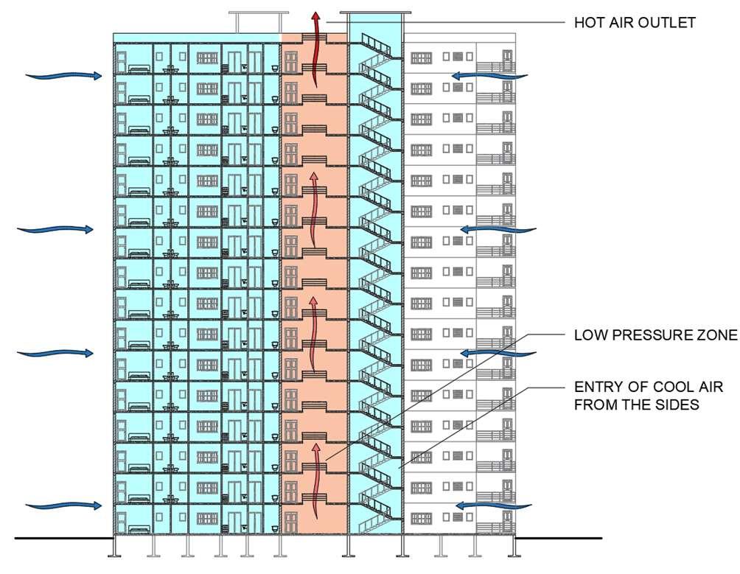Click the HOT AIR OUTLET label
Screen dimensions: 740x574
[x=635, y=23]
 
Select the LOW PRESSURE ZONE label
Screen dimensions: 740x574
[x=655, y=336]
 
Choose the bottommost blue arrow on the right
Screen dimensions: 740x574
[x=492, y=505]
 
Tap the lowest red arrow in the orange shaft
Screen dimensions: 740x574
[x=318, y=472]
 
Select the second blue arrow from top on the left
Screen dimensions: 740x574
[x=56, y=229]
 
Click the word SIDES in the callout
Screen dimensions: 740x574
[x=674, y=405]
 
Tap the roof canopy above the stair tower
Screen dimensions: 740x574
[x=375, y=13]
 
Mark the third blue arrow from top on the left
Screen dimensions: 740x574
[x=56, y=353]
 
